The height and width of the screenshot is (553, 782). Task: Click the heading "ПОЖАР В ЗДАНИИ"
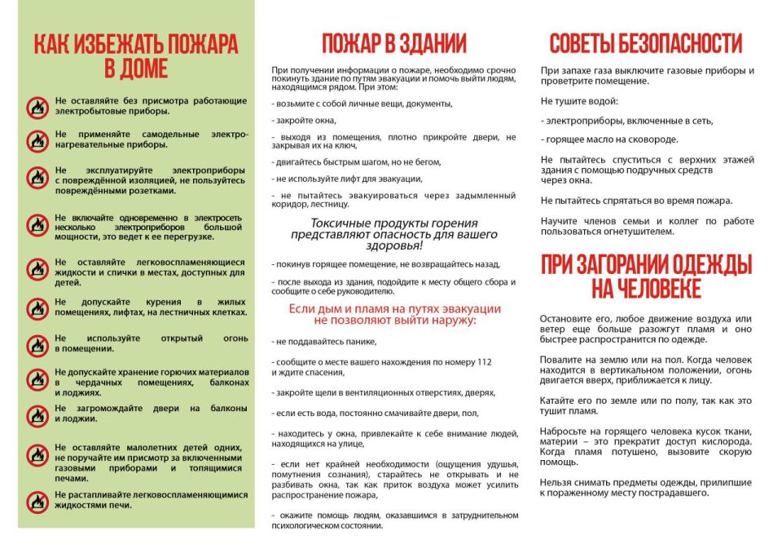click(393, 43)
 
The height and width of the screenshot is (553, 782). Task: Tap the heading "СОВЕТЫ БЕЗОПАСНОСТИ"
click(645, 43)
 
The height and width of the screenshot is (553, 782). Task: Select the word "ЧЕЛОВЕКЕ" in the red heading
click(647, 290)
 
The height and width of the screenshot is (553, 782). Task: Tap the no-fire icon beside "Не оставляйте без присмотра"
click(37, 106)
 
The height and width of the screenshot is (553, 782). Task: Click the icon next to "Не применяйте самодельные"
click(37, 140)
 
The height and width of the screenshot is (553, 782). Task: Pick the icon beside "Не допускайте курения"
click(37, 308)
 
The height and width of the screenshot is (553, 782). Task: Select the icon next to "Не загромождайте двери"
click(37, 415)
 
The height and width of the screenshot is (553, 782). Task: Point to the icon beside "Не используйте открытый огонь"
click(37, 343)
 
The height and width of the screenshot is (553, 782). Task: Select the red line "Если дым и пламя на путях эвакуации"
click(394, 309)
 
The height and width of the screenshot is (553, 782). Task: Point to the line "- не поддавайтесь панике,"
click(319, 342)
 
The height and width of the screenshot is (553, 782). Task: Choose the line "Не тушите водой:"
click(579, 101)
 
